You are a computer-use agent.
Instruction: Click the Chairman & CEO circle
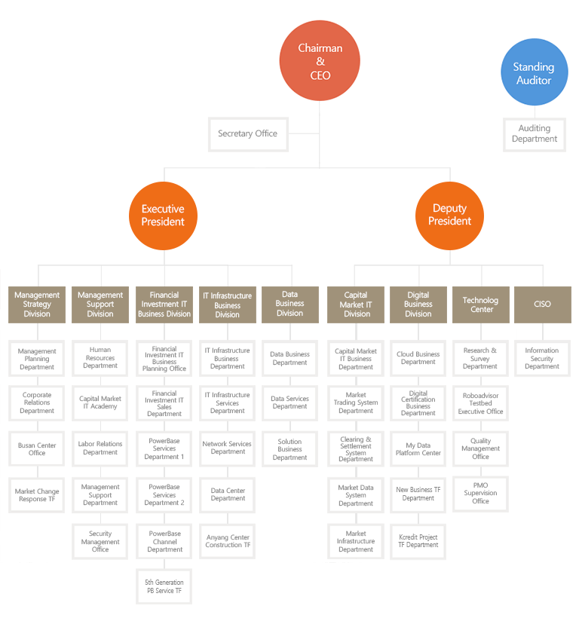(320, 60)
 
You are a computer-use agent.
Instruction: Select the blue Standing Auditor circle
(534, 72)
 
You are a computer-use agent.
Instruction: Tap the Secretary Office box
(248, 134)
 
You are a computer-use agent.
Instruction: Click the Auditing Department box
(535, 134)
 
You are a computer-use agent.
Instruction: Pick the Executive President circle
(163, 216)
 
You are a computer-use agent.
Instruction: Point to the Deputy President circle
(449, 216)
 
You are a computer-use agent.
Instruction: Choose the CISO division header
(543, 304)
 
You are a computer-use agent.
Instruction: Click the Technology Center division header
(481, 304)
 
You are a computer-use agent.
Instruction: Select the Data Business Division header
(290, 304)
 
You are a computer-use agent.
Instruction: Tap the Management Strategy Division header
(37, 304)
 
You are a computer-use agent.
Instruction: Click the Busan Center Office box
(37, 448)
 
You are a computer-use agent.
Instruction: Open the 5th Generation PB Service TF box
(164, 586)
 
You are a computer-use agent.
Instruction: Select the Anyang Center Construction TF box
(228, 541)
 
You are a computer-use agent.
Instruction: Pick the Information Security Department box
(542, 358)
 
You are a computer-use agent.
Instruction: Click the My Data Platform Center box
(418, 448)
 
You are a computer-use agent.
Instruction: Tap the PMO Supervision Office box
(480, 494)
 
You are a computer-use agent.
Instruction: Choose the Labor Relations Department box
(100, 448)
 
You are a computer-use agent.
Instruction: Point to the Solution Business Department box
(289, 448)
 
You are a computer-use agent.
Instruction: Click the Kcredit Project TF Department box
(418, 541)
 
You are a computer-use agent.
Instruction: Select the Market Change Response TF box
(37, 494)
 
